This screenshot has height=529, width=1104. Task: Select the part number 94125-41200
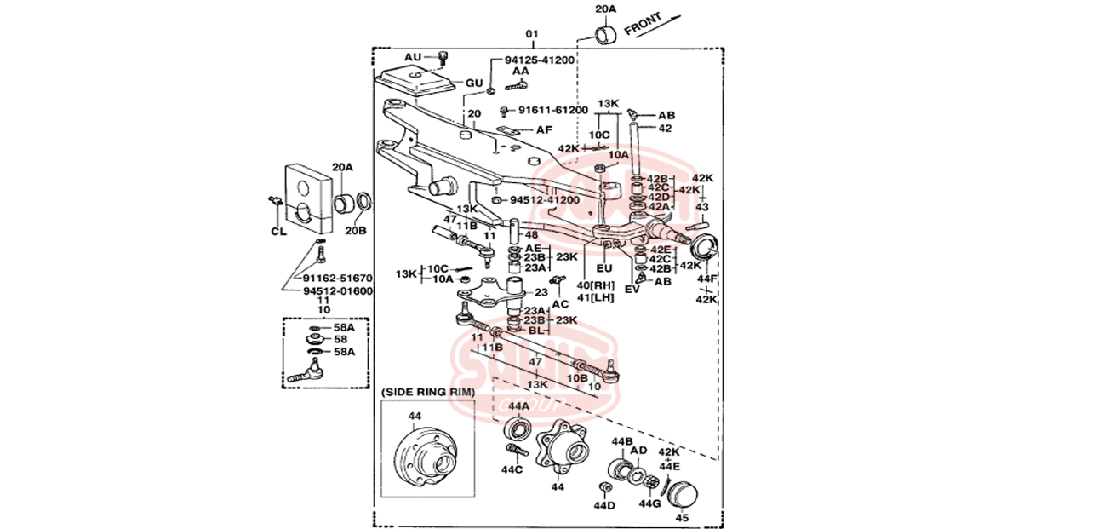pos(539,60)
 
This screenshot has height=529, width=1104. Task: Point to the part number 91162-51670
pos(337,278)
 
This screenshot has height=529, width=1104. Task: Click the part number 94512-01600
pos(337,290)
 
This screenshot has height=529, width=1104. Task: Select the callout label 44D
pos(604,506)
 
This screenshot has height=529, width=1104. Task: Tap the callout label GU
pos(473,83)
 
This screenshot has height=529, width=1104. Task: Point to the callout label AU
pos(413,57)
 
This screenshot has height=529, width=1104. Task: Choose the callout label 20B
pos(356,230)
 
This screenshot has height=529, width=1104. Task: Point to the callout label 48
pos(531,235)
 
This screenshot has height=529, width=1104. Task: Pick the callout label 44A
pos(519,406)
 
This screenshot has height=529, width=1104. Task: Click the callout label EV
pos(632,290)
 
